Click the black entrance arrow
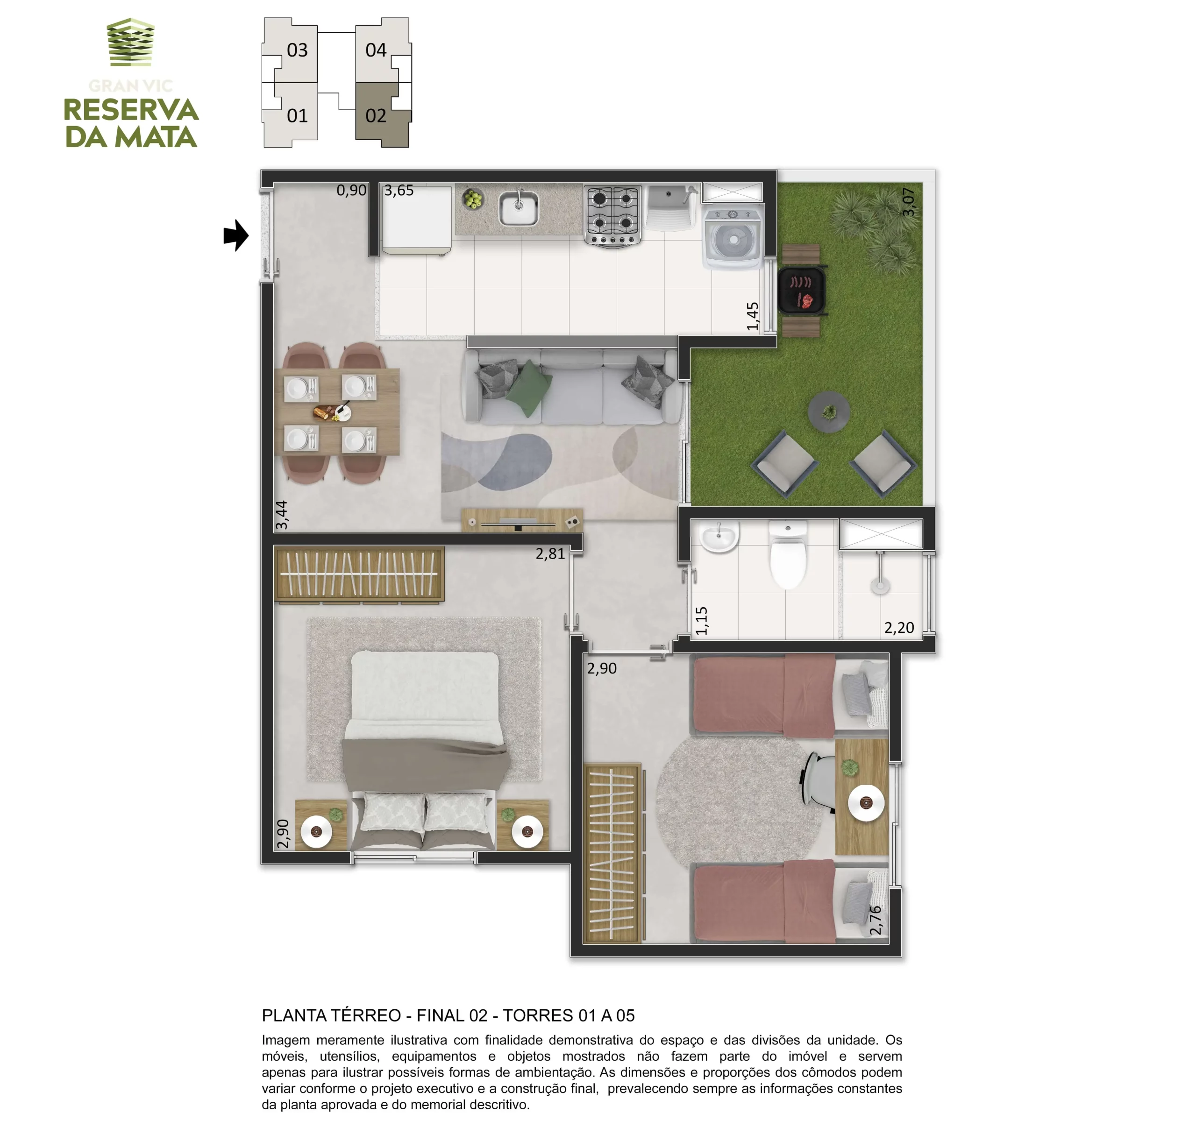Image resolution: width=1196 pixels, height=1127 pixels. coord(236,235)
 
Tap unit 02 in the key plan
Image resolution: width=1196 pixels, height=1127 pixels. coord(383,115)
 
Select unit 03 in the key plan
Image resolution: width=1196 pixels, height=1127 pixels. coord(291,50)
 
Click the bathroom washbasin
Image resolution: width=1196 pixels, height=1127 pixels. coord(719,536)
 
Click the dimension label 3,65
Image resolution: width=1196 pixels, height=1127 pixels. coord(399,191)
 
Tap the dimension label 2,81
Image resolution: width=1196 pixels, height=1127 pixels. coord(550,554)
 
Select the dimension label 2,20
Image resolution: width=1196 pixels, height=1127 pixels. coord(899,628)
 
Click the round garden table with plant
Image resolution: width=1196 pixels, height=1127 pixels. coord(829,412)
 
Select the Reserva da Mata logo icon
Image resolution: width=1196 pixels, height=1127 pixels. coord(130,42)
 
